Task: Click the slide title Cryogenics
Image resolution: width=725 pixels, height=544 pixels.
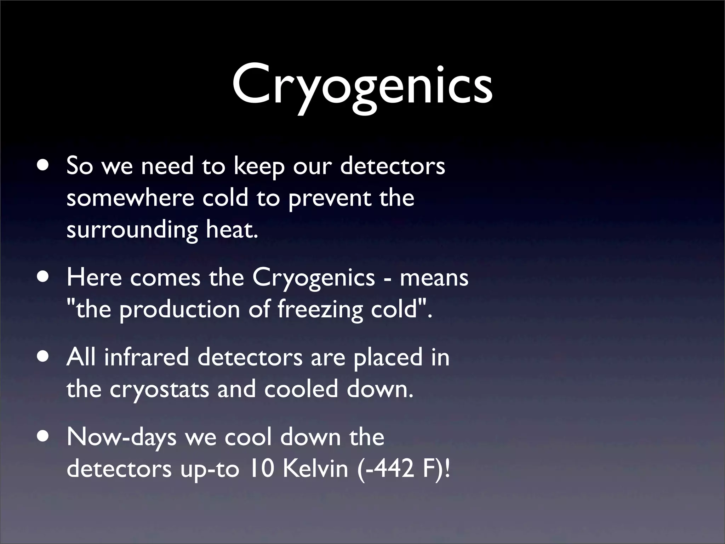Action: click(x=362, y=87)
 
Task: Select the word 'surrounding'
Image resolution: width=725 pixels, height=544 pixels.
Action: click(x=132, y=230)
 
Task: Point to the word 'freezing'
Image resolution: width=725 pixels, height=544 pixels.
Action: click(x=320, y=310)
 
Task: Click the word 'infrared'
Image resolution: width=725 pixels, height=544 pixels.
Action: click(x=146, y=357)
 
